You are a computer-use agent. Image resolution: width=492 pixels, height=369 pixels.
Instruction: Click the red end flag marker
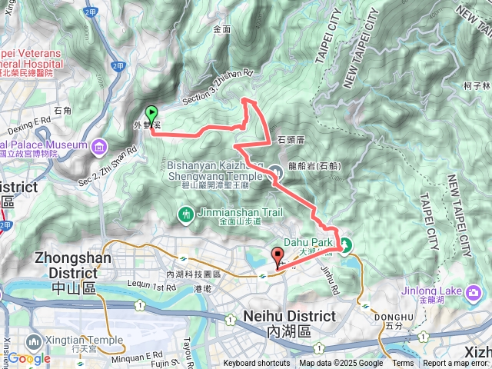tap(278, 258)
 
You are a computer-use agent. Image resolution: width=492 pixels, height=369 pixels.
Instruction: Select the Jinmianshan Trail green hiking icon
tap(185, 213)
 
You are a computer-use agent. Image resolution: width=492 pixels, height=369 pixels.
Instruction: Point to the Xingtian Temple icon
tap(34, 341)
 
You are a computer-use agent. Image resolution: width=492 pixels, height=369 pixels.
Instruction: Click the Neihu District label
tap(288, 316)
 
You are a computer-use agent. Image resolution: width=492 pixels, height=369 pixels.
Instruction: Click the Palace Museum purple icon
tap(99, 145)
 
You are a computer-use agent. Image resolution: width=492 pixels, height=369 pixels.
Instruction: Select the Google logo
tap(29, 357)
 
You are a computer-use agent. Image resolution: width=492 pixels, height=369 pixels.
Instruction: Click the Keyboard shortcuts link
tap(258, 364)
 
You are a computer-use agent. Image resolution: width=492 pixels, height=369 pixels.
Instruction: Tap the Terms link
tap(403, 364)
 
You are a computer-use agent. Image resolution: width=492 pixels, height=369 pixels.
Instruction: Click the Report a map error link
tap(457, 364)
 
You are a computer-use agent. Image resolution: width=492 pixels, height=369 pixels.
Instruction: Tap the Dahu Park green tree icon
tap(346, 246)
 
